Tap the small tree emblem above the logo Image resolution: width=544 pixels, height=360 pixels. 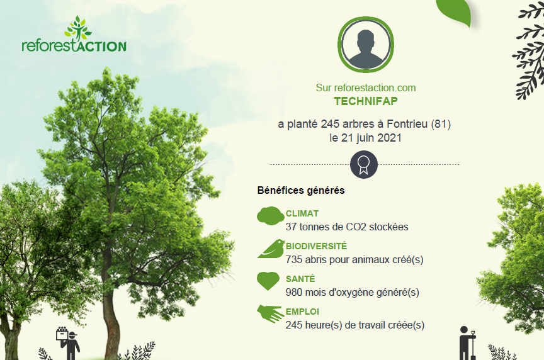click(79, 28)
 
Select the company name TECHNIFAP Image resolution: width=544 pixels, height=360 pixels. click(366, 101)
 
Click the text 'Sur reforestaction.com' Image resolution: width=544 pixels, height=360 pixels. click(366, 87)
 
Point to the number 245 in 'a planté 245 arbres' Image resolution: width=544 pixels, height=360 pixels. click(330, 124)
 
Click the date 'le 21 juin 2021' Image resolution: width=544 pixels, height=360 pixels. click(365, 138)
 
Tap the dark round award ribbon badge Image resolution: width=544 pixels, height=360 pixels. click(363, 164)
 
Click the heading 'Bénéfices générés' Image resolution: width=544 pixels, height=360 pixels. click(301, 191)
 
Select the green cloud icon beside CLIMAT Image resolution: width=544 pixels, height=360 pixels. click(271, 216)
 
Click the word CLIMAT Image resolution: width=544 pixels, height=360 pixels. click(302, 213)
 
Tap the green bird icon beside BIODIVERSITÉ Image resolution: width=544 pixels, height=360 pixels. click(271, 249)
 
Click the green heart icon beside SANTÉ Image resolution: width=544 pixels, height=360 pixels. click(268, 281)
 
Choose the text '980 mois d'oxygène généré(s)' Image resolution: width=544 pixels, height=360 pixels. click(353, 293)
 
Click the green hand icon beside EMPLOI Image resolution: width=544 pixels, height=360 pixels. click(270, 313)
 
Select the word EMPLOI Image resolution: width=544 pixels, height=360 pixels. click(302, 312)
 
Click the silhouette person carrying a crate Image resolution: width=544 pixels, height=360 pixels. click(69, 342)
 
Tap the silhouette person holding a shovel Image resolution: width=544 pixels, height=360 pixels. click(467, 344)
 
